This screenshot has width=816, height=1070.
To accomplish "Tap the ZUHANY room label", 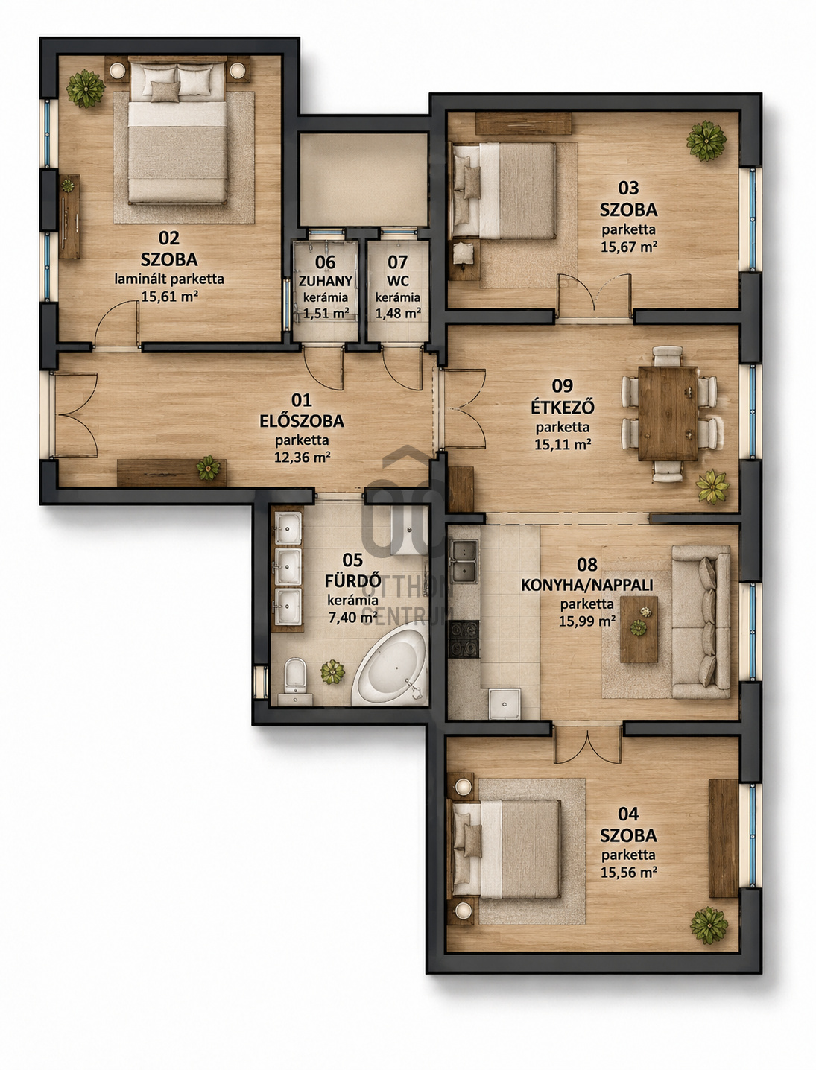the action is point(326,281).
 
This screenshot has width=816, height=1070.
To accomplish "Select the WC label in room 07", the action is point(398,281).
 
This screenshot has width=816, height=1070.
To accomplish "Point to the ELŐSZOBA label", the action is point(302,421).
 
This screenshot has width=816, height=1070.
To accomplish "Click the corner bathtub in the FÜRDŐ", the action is point(390,668).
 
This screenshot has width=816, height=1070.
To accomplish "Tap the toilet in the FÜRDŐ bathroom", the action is point(295,675).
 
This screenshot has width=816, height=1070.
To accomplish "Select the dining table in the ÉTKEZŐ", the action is point(668,414).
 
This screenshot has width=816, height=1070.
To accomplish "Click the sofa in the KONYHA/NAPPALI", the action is point(701,621).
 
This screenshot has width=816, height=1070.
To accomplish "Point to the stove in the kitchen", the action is point(464,639).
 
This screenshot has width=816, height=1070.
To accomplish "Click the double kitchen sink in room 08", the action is point(464,560).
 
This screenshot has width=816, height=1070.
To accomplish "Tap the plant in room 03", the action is point(706,141).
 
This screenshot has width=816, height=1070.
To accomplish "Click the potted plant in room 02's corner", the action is point(86,88).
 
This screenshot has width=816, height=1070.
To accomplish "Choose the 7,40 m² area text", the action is point(353,618).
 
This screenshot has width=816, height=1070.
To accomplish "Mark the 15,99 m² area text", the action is point(587,621).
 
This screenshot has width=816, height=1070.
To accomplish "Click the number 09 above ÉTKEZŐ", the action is point(562,385).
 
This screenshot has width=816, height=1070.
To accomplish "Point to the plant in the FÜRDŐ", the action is point(332,671).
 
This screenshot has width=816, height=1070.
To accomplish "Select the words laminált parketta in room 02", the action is point(169,279).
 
